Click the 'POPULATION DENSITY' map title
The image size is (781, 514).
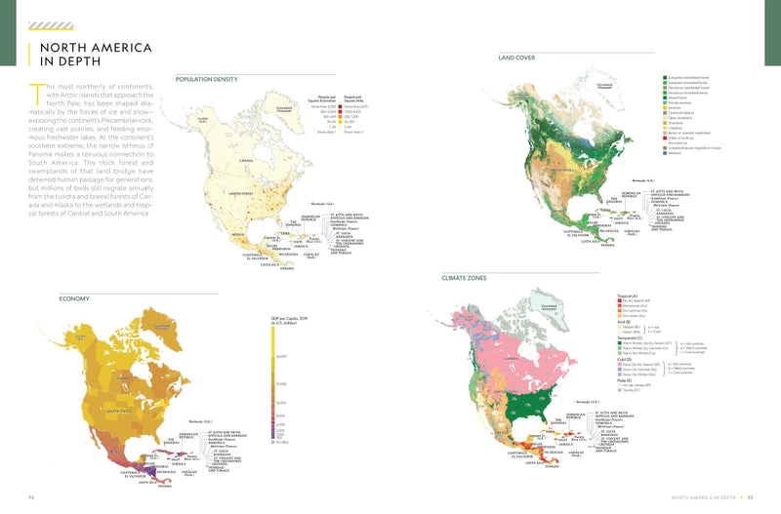coord(209,78)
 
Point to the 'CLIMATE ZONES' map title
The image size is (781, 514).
coord(470,278)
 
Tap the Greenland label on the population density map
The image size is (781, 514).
coord(284,109)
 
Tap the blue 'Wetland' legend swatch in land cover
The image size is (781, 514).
coord(665,153)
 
